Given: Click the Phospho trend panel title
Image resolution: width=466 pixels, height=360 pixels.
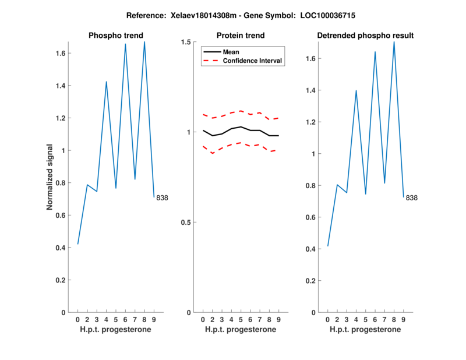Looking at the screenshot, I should click(115, 36).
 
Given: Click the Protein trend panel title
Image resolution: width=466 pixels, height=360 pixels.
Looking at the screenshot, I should click(241, 36).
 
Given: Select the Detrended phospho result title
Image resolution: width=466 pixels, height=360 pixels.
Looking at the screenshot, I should click(365, 36).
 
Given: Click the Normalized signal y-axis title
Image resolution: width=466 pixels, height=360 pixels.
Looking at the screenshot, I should click(51, 177).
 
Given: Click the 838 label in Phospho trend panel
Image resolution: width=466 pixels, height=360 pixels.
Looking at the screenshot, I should click(162, 198).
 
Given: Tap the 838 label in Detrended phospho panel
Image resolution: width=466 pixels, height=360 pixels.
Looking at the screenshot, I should click(412, 198).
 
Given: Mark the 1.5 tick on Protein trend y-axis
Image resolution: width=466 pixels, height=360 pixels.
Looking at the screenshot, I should click(186, 42).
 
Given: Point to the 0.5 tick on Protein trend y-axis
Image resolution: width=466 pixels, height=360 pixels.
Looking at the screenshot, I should click(186, 223).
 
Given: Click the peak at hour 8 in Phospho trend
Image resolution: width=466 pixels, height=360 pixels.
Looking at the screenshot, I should click(144, 42).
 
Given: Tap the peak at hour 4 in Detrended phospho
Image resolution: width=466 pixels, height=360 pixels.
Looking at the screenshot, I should click(356, 91).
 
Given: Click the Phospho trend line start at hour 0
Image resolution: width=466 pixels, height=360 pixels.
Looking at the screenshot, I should click(77, 244).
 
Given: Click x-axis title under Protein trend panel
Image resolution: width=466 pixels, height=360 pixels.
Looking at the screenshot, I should click(241, 330).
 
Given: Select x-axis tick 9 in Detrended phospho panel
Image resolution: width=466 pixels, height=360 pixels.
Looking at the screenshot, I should click(404, 320).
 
